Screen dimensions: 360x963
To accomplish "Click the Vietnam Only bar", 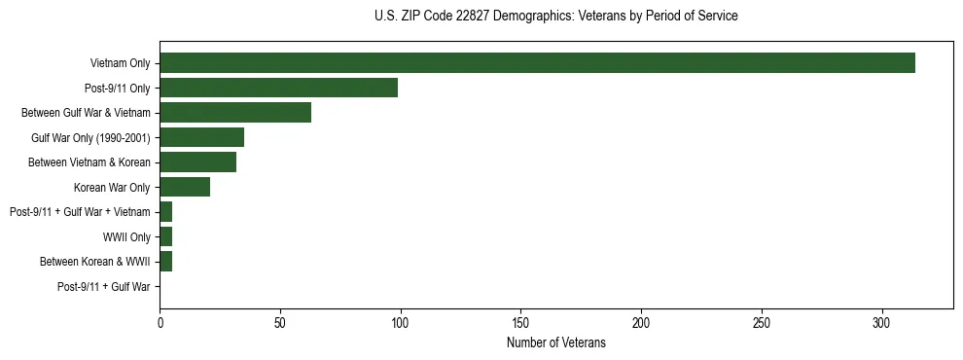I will [x=537, y=63].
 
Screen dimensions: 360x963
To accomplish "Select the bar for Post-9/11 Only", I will [x=278, y=88].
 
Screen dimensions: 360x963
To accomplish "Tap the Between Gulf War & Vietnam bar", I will [x=235, y=113].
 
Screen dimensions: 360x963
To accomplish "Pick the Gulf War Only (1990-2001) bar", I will [x=201, y=137].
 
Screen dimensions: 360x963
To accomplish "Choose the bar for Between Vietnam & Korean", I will [x=197, y=162].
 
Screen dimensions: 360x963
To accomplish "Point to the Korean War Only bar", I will [x=185, y=187].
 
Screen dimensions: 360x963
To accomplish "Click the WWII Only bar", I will [x=165, y=236].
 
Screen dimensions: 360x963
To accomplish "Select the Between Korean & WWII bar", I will [x=165, y=262].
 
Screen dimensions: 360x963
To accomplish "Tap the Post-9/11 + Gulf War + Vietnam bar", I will [x=165, y=212].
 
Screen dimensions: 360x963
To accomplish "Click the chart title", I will [x=555, y=17].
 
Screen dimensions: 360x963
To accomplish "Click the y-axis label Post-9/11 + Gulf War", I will [x=103, y=287].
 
